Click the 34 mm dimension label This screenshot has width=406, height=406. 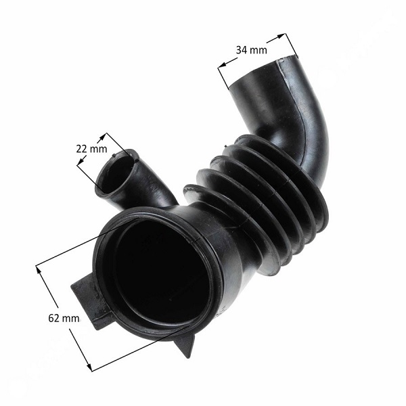(x=251, y=49)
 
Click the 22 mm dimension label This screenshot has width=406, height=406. (x=91, y=149)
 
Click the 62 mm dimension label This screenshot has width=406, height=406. (x=64, y=318)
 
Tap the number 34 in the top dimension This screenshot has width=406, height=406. (x=241, y=49)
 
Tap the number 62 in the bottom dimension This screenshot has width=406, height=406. (x=53, y=318)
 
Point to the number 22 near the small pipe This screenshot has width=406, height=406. (x=81, y=149)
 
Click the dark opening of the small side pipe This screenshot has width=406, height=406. (x=115, y=175)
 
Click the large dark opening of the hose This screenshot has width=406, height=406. (x=160, y=272)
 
